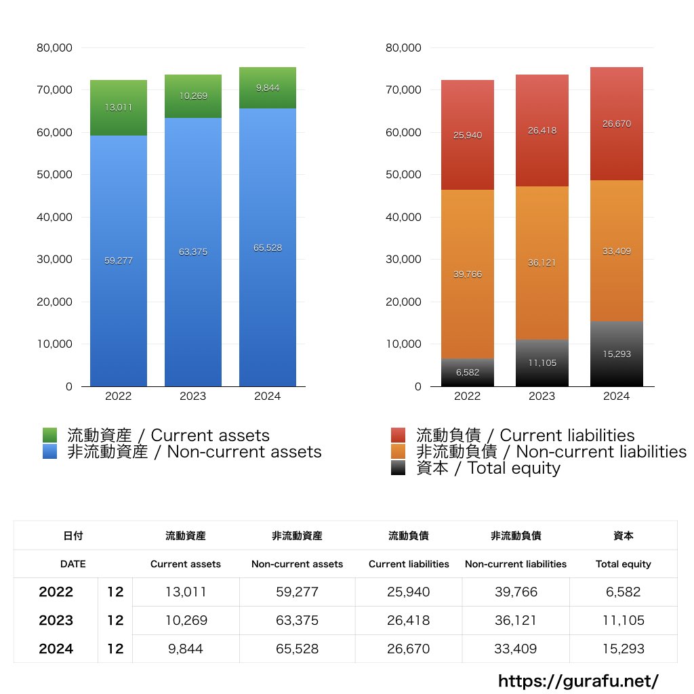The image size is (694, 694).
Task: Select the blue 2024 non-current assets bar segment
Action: click(268, 247)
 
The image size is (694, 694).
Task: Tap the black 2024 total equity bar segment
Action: click(617, 354)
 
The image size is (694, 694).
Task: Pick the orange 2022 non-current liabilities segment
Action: click(468, 274)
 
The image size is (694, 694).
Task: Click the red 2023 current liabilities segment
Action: click(542, 131)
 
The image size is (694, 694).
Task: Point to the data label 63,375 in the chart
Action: click(193, 252)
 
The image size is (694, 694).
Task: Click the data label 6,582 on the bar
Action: click(468, 373)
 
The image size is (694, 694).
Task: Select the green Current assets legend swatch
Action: click(49, 435)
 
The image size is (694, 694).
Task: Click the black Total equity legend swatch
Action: click(399, 468)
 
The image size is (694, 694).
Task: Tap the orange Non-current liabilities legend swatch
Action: click(399, 451)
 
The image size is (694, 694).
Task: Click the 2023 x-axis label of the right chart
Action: click(542, 396)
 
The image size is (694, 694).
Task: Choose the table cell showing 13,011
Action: click(186, 592)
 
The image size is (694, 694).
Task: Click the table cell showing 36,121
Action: click(516, 620)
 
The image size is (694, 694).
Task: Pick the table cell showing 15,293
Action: click(624, 649)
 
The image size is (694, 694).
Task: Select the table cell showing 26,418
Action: click(409, 620)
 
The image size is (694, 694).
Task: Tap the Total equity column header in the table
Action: click(624, 564)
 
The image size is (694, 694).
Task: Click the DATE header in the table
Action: click(73, 564)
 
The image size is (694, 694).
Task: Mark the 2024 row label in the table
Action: click(56, 649)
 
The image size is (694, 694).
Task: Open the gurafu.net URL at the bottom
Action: click(578, 681)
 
